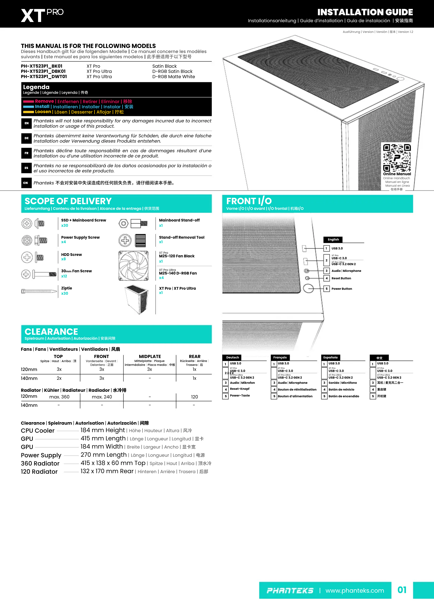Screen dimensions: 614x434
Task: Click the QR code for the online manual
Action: click(397, 158)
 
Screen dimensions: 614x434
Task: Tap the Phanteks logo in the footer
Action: click(290, 590)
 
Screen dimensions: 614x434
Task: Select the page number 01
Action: click(402, 590)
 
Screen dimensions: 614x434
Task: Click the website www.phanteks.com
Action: click(354, 590)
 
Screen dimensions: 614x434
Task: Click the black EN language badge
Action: click(26, 123)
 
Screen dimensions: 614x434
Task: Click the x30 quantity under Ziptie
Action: click(64, 293)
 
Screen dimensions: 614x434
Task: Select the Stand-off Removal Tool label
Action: click(181, 237)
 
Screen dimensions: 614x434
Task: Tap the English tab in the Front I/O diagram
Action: click(333, 240)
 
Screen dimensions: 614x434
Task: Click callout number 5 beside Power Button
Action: click(326, 289)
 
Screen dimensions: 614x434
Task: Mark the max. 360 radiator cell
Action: click(59, 397)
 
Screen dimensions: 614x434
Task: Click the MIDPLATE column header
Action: click(150, 356)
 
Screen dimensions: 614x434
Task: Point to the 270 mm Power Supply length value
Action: click(104, 455)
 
